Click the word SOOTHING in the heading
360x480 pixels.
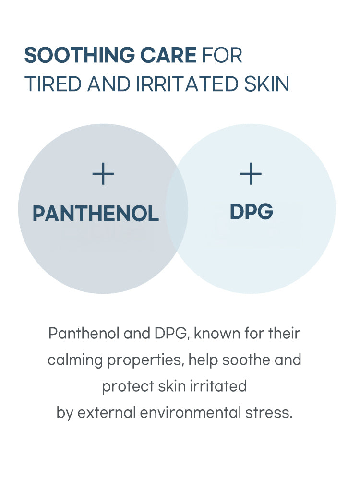click(80, 55)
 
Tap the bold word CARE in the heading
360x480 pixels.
click(168, 55)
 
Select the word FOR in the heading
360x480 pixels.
click(222, 55)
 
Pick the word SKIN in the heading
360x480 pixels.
click(266, 84)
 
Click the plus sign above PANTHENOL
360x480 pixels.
click(103, 174)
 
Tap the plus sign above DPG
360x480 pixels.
click(251, 174)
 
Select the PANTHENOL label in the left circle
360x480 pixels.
click(96, 214)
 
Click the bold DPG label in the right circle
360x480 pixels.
click(252, 212)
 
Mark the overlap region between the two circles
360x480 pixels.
click(177, 209)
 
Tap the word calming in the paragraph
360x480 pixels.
click(75, 360)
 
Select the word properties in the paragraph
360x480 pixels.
click(146, 360)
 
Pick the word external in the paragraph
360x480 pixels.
click(107, 413)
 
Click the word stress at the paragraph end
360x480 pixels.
click(266, 413)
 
